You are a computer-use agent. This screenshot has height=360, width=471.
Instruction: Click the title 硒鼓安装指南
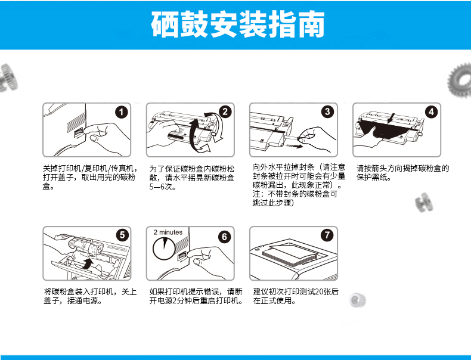point(238,24)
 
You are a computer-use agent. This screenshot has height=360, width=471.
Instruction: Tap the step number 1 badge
point(122,112)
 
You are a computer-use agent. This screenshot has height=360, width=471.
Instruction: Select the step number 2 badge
point(225,112)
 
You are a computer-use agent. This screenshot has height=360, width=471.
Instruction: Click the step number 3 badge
point(327,111)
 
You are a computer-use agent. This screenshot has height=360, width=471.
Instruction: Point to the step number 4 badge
point(431,112)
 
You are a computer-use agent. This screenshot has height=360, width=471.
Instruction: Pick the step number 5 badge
point(122,235)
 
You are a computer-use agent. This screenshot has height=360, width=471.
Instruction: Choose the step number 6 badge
point(224,237)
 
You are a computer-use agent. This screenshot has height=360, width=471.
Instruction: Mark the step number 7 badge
point(327,235)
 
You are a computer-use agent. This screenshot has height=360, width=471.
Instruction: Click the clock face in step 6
point(164,249)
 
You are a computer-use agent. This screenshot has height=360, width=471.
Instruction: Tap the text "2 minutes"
point(168,232)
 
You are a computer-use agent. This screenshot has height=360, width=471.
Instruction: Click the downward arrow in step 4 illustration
point(391,118)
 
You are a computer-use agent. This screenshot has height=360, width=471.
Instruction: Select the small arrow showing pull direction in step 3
point(295,146)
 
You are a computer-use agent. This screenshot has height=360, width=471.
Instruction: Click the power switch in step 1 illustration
point(79,133)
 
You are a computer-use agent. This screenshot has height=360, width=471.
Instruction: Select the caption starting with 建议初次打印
point(296,296)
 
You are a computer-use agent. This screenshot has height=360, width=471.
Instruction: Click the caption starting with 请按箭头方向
point(402,173)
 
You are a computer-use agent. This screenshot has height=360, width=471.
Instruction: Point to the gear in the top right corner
point(459,80)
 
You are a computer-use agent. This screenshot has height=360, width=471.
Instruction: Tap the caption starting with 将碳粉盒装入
point(90,296)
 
